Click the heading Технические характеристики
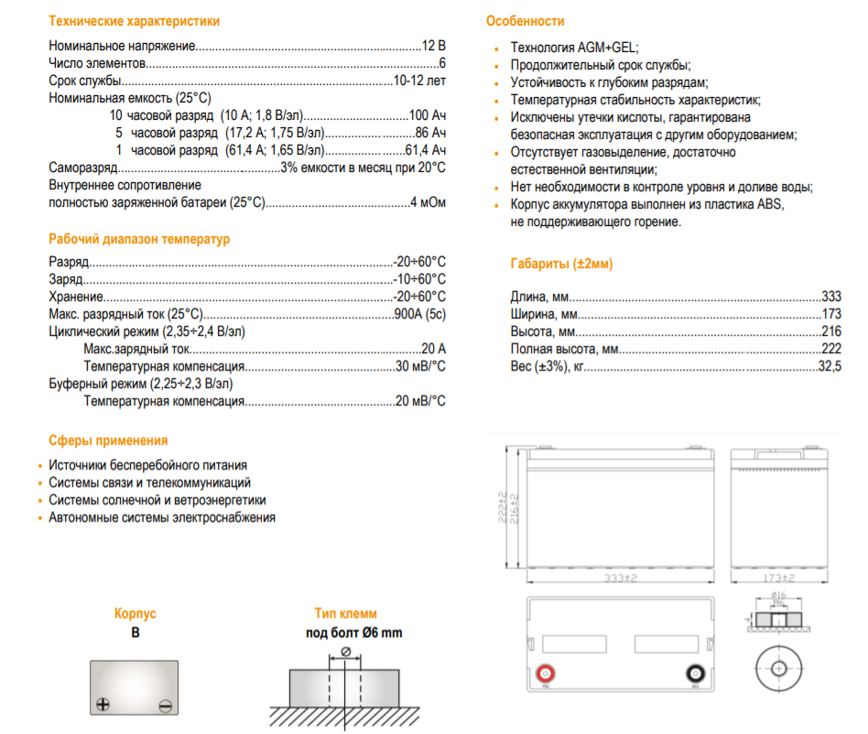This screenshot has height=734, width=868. [134, 21]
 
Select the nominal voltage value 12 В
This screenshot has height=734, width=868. [434, 45]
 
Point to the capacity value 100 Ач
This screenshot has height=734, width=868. [427, 115]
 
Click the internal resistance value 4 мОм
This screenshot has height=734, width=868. [428, 202]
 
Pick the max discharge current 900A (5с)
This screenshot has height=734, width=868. [419, 314]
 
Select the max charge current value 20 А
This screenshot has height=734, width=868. [434, 349]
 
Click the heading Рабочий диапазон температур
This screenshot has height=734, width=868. [139, 239]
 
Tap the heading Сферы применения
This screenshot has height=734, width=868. [108, 440]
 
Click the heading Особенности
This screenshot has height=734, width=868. [525, 21]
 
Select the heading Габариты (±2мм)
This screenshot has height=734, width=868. [561, 264]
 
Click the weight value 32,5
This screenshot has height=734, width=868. [830, 366]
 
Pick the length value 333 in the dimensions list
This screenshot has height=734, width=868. [831, 297]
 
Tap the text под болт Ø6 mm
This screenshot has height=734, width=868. [353, 632]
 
